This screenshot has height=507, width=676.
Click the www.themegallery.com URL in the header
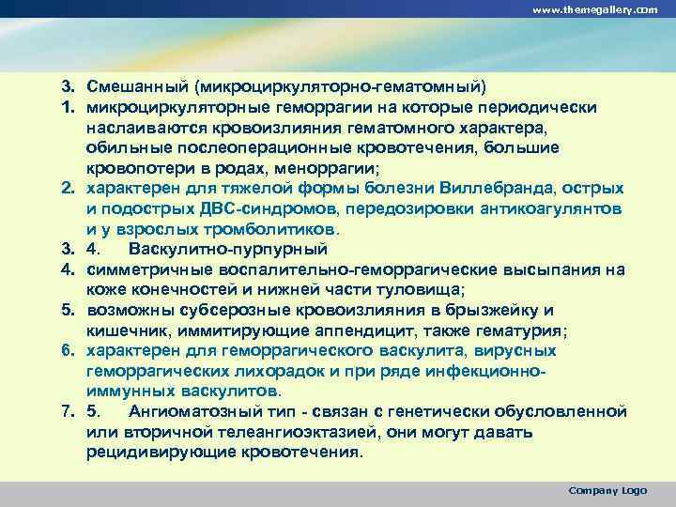pyautogui.click(x=594, y=9)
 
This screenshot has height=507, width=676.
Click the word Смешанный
pyautogui.click(x=138, y=86)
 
